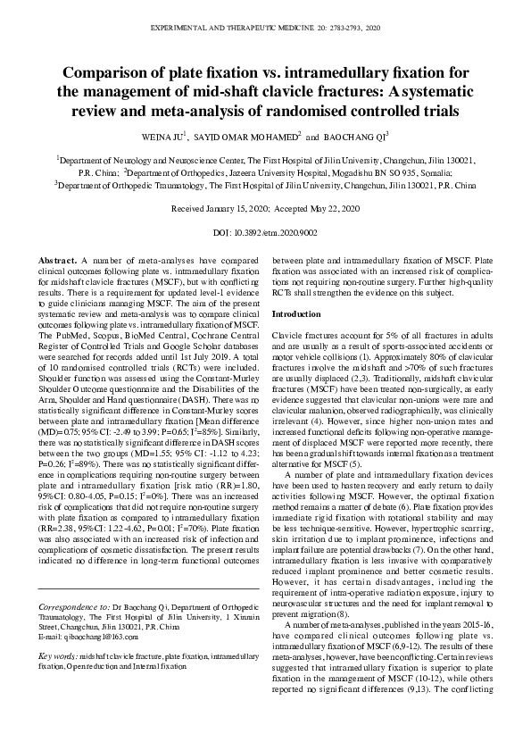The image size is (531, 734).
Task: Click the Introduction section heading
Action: point(298,315)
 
